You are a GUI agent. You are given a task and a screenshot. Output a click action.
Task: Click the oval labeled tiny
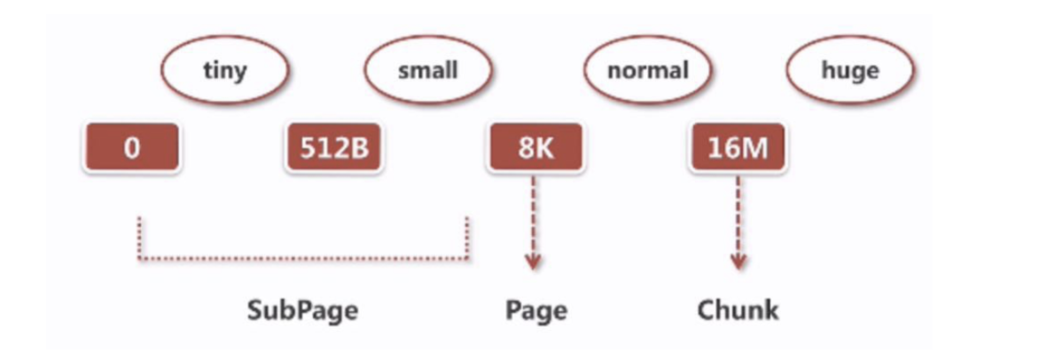click(223, 71)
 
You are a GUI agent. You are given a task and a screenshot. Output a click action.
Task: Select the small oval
click(428, 71)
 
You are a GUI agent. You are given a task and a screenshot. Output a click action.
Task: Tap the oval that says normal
click(648, 71)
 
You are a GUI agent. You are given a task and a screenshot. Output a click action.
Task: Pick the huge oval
click(850, 71)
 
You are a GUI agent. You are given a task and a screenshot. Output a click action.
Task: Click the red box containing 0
click(132, 147)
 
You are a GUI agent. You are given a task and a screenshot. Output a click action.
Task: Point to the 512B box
click(333, 147)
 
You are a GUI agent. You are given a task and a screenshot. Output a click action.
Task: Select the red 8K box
click(535, 147)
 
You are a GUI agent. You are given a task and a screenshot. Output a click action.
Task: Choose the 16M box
click(738, 147)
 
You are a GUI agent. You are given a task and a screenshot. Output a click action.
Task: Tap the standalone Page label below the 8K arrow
click(535, 310)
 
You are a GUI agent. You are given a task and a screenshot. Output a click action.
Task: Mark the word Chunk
click(738, 310)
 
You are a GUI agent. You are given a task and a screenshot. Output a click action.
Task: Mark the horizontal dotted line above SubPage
click(303, 259)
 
